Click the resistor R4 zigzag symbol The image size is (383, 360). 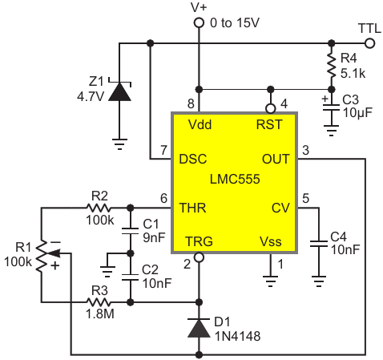pyautogui.click(x=332, y=66)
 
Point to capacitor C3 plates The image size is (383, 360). pyautogui.click(x=331, y=107)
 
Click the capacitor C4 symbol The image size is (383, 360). pyautogui.click(x=319, y=244)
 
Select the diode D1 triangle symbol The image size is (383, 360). pyautogui.click(x=199, y=328)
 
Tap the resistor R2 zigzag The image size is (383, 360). pyautogui.click(x=99, y=208)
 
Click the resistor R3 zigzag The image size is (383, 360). pyautogui.click(x=99, y=302)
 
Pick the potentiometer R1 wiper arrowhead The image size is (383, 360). pyautogui.click(x=54, y=253)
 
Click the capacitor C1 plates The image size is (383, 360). pyautogui.click(x=130, y=231)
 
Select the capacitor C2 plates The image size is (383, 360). pyautogui.click(x=130, y=277)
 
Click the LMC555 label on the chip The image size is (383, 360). pyautogui.click(x=235, y=179)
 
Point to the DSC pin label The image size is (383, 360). pyautogui.click(x=193, y=159)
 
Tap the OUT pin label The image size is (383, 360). pyautogui.click(x=276, y=159)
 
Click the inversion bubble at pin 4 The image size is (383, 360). pyautogui.click(x=271, y=108)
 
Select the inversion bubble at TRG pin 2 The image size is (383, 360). pyautogui.click(x=199, y=257)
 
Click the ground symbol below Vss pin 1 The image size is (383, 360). pyautogui.click(x=271, y=281)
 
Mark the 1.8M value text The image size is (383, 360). pyautogui.click(x=100, y=314)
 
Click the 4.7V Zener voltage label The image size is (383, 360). pyautogui.click(x=91, y=96)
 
